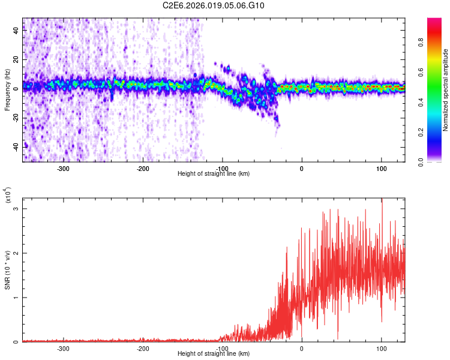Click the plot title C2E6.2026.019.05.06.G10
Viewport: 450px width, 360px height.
pyautogui.click(x=214, y=5)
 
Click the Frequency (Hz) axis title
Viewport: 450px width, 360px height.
pyautogui.click(x=7, y=90)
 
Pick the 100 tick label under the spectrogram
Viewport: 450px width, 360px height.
pyautogui.click(x=382, y=168)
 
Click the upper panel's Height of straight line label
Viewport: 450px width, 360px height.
pyautogui.click(x=214, y=174)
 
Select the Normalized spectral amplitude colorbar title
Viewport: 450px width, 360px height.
pyautogui.click(x=445, y=90)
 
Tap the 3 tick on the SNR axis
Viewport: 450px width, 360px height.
pyautogui.click(x=16, y=208)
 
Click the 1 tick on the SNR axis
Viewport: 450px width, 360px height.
pyautogui.click(x=16, y=298)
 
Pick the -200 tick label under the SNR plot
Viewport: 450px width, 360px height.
pyautogui.click(x=143, y=348)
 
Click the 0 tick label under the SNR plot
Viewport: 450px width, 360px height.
pyautogui.click(x=302, y=348)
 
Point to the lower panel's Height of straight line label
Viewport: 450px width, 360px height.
pyautogui.click(x=214, y=354)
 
